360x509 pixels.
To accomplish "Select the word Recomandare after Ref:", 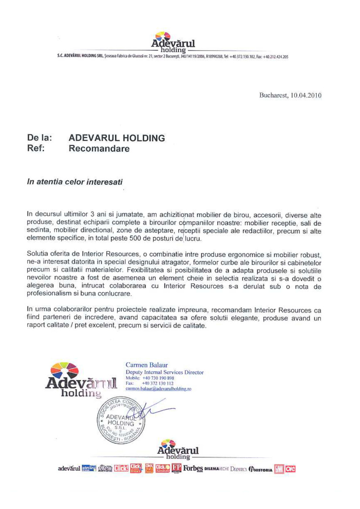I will pyautogui.click(x=99, y=149).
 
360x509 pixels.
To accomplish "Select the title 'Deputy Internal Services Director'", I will pyautogui.click(x=164, y=372).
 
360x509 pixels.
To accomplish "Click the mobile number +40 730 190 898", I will pyautogui.click(x=158, y=378).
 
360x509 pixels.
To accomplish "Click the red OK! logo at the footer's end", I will pyautogui.click(x=290, y=469).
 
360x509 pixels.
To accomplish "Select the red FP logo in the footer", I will pyautogui.click(x=177, y=469).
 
